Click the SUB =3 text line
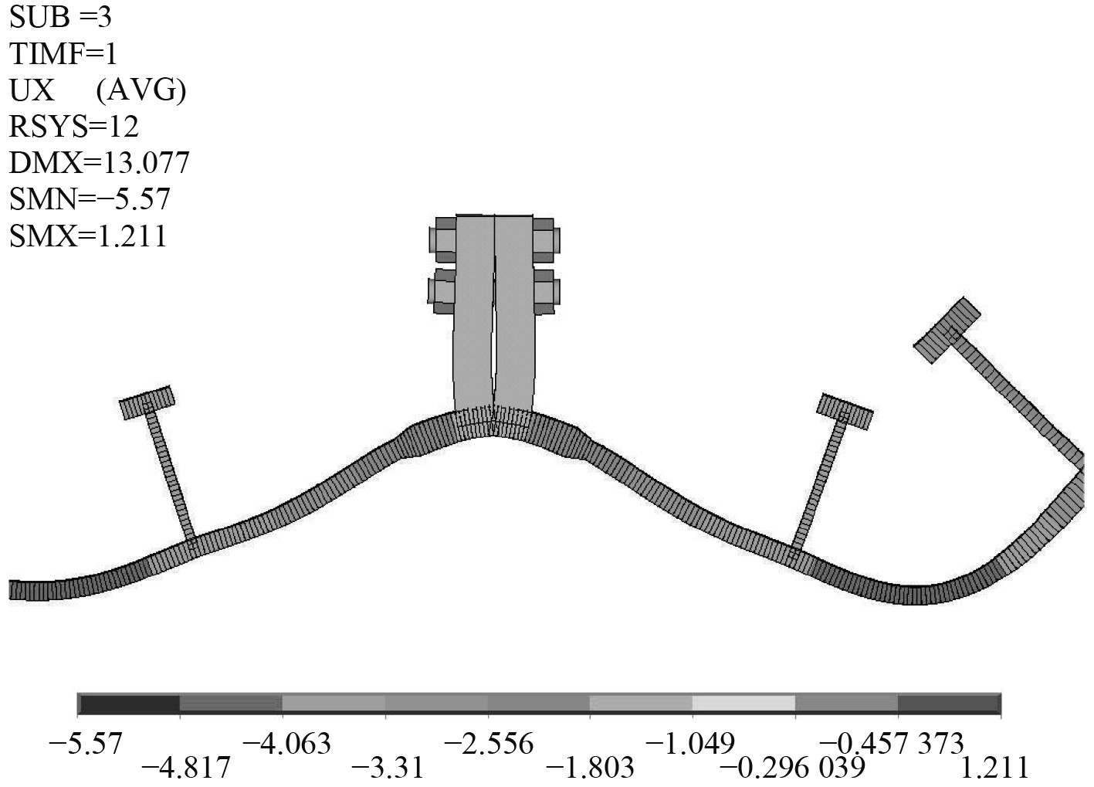60,18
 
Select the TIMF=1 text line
63,54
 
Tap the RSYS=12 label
74,127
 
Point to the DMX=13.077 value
99,163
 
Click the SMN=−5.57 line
90,199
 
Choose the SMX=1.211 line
88,236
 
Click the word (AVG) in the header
141,91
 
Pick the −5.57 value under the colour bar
85,745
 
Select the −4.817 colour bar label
185,768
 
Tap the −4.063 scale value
286,745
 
